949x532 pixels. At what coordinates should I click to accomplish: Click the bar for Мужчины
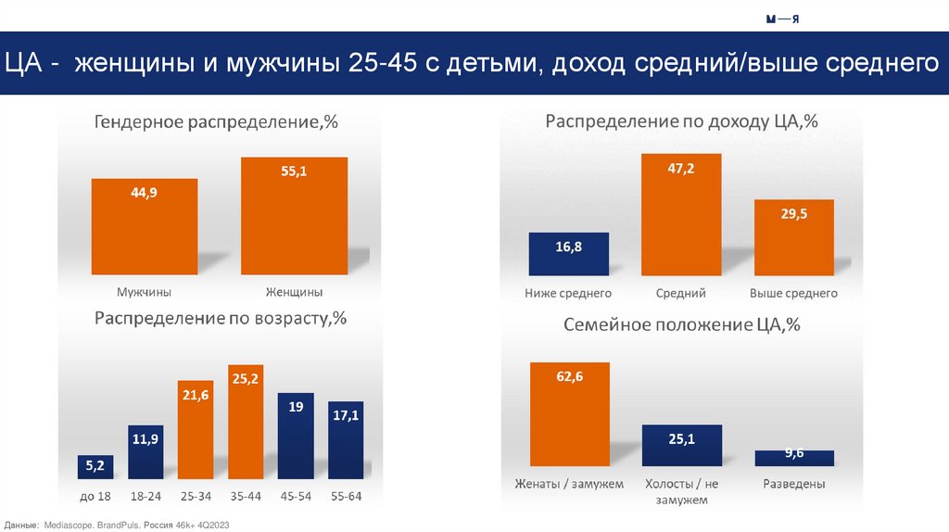[x=145, y=226]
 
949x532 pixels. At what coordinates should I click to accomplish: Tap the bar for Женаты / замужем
[x=570, y=412]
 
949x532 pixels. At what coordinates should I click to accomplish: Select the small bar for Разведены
[x=793, y=457]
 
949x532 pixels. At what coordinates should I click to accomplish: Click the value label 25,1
[x=681, y=439]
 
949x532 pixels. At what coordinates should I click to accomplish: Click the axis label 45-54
[x=296, y=497]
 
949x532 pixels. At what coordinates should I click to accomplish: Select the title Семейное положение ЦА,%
[x=681, y=325]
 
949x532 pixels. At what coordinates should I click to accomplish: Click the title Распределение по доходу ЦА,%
[x=681, y=122]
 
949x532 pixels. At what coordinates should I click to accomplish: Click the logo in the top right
[x=783, y=19]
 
